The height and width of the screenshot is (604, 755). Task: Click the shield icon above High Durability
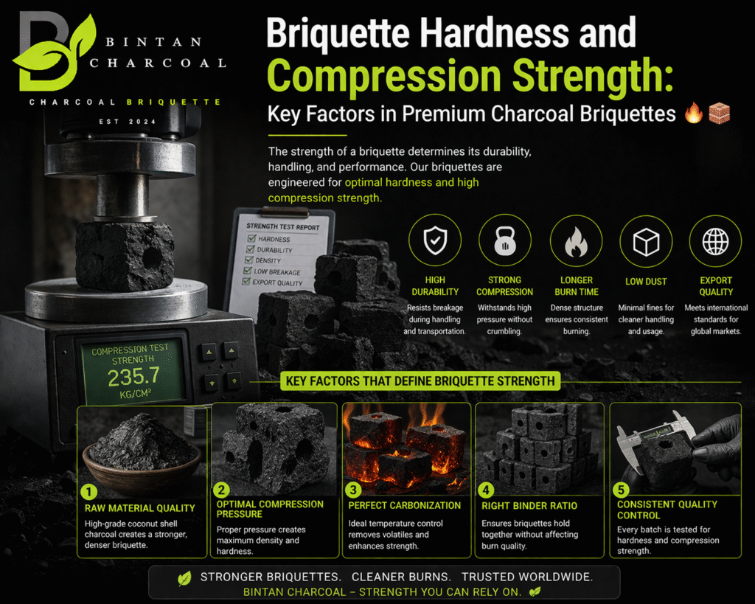point(435,240)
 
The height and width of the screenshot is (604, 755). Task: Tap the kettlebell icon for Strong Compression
point(504,240)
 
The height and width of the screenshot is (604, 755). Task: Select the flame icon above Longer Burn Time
point(576,241)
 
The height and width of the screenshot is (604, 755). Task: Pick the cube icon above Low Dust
point(646,241)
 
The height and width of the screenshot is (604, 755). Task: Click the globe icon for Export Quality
point(715,241)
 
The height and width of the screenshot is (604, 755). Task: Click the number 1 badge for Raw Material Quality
point(88,492)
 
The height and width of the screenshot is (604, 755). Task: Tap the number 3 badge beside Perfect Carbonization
point(353,490)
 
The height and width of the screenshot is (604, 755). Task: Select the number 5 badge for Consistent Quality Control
point(621,490)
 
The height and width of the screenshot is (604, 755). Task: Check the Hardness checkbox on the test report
point(251,238)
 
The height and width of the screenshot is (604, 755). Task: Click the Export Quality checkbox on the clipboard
point(246,281)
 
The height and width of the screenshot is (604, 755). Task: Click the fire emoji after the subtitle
point(693,113)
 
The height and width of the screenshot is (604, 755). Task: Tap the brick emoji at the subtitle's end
point(720,113)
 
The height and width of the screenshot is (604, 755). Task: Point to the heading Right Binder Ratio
point(529,506)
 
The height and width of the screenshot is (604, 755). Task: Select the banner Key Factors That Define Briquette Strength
point(420,381)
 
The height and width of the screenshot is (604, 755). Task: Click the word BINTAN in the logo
point(153,42)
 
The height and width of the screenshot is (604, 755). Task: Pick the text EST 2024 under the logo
point(128,122)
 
